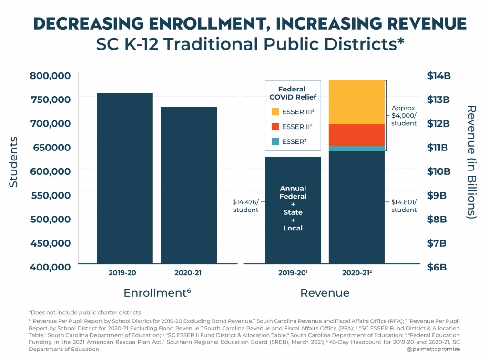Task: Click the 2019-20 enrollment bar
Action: pyautogui.click(x=125, y=178)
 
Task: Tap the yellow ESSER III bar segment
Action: pyautogui.click(x=356, y=102)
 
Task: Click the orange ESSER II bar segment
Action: pyautogui.click(x=356, y=135)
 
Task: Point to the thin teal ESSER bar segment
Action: pyautogui.click(x=356, y=149)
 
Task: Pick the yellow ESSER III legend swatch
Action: pyautogui.click(x=275, y=112)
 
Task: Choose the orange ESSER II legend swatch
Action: pyautogui.click(x=275, y=127)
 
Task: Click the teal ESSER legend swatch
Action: pyautogui.click(x=275, y=141)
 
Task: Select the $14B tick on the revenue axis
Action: pyautogui.click(x=438, y=76)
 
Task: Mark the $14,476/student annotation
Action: pyautogui.click(x=245, y=206)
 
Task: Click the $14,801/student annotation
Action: pyautogui.click(x=404, y=206)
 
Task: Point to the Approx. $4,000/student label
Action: pyautogui.click(x=404, y=115)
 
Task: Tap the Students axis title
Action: pyautogui.click(x=14, y=162)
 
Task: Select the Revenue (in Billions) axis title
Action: pyautogui.click(x=472, y=162)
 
